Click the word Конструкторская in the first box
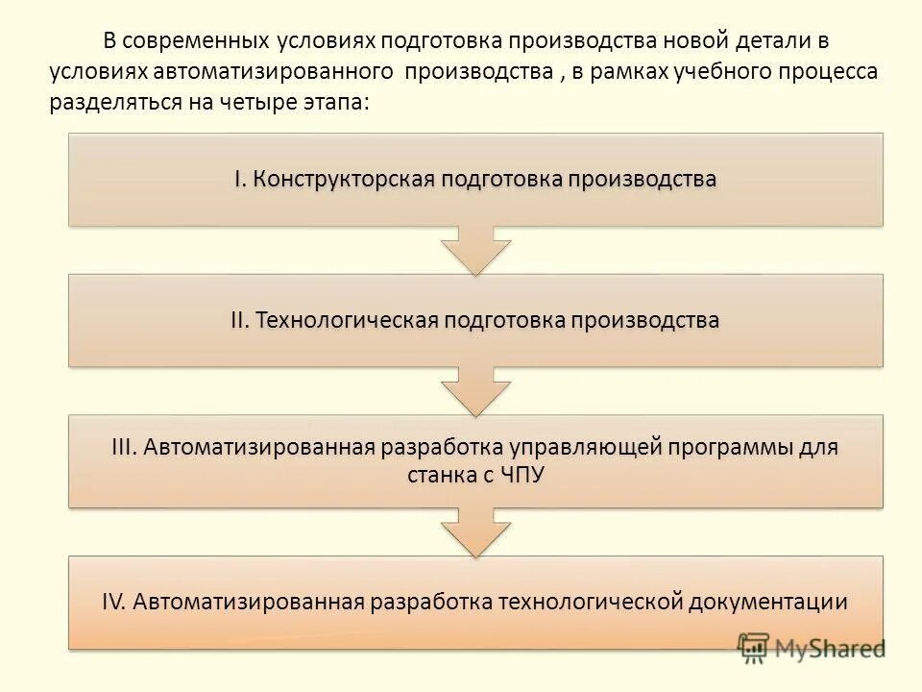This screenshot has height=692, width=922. tap(344, 180)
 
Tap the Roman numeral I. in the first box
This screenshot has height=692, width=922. tap(239, 180)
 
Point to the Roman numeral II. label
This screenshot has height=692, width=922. tap(240, 320)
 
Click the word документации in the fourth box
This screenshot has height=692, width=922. tap(768, 603)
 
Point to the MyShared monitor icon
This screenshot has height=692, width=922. tap(754, 649)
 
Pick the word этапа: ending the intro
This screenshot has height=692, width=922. tap(334, 102)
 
